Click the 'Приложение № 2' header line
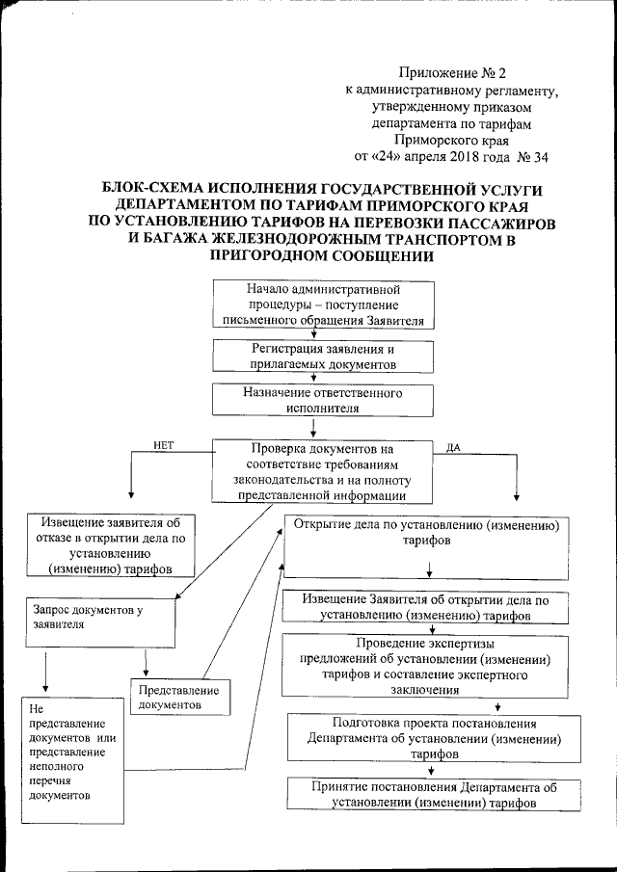click(x=451, y=72)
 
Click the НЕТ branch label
click(x=165, y=444)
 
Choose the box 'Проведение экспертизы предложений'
click(x=425, y=666)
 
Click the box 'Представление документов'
click(x=178, y=697)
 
